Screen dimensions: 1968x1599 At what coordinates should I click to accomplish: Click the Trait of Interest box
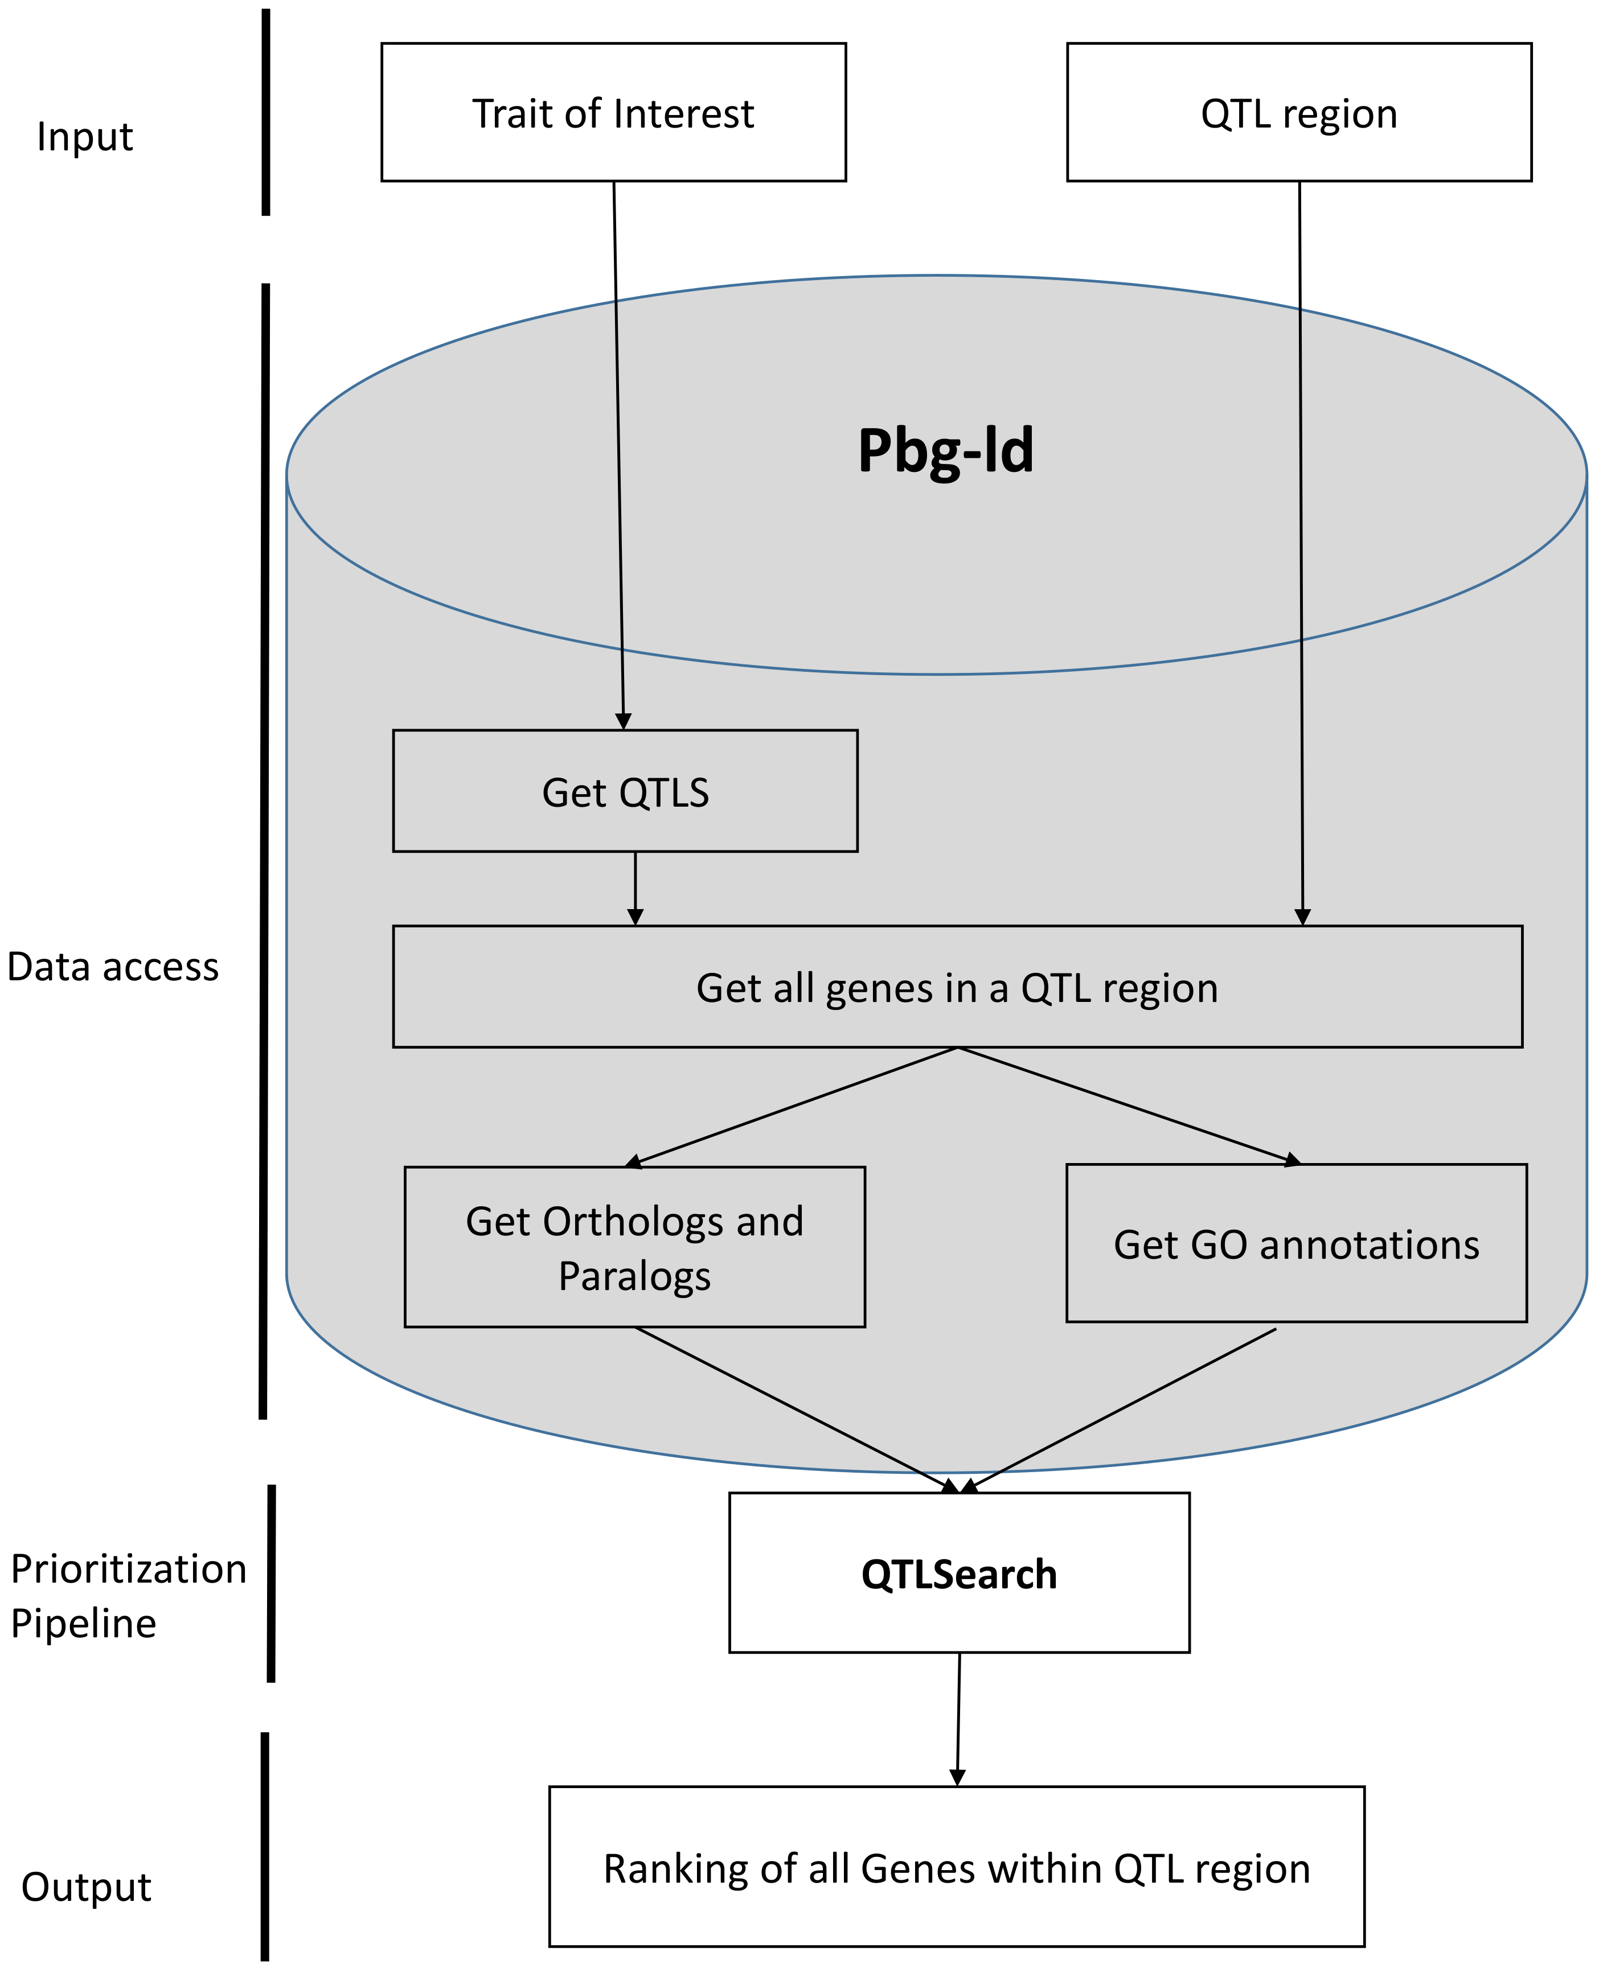[613, 112]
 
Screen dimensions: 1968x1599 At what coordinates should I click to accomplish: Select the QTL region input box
[1299, 112]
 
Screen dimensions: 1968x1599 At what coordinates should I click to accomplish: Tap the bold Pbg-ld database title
[945, 451]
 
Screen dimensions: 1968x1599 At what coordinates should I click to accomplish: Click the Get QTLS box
[625, 792]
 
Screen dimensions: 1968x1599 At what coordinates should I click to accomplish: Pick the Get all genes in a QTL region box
[957, 987]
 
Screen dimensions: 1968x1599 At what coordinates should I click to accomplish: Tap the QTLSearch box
[959, 1574]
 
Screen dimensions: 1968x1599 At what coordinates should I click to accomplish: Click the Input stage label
[85, 136]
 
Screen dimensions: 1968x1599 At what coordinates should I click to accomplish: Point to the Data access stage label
[112, 967]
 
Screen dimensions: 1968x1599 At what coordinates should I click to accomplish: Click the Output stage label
[85, 1887]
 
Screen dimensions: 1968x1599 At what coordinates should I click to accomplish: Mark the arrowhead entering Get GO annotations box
[1291, 1160]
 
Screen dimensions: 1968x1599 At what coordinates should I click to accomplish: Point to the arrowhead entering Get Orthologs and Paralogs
[634, 1162]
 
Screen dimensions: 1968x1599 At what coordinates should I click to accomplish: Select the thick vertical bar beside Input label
[266, 112]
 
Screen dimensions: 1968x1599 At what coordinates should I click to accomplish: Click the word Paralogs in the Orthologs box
[634, 1276]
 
